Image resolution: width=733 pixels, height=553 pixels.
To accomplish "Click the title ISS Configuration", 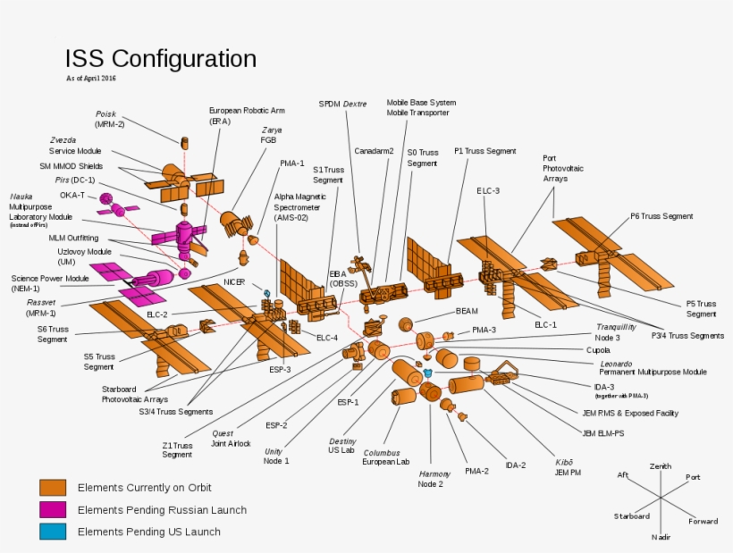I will coord(160,59).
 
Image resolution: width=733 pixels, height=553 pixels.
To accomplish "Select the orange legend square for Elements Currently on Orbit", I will coord(53,488).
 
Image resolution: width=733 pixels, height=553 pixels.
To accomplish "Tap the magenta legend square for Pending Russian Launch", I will coord(53,510).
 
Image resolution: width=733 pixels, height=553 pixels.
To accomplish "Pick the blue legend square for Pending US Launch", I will coord(53,532).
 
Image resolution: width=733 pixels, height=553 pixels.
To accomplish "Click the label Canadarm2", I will coord(374,151).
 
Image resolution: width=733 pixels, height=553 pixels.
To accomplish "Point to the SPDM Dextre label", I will coord(343,105).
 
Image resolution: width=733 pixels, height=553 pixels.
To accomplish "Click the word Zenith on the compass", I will coord(661,467).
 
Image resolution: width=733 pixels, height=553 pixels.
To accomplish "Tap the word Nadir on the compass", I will coord(661,536).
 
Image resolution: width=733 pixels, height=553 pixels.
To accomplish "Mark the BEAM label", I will coord(467,310).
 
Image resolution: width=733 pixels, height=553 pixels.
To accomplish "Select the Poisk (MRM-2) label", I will coord(110,119).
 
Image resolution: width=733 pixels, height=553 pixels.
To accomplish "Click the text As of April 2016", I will coord(90,80).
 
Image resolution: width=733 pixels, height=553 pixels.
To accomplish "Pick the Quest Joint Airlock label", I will coord(231,438).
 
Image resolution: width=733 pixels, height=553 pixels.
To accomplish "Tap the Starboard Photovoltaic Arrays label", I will coord(135,394).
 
